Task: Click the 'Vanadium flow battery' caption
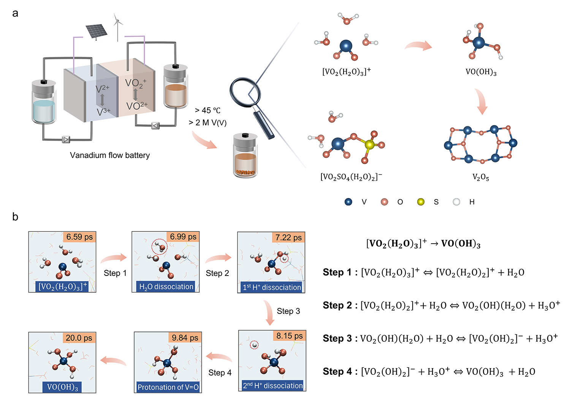coord(110,155)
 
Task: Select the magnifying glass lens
coord(245,93)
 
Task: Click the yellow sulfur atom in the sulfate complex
coord(369,144)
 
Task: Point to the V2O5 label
coord(481,177)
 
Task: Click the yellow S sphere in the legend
coord(420,202)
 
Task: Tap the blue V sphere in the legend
coord(348,202)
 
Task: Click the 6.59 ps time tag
coord(79,237)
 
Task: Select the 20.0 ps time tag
coord(79,338)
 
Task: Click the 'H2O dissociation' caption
coord(166,287)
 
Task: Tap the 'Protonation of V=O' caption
coord(168,387)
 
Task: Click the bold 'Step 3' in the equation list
coord(337,338)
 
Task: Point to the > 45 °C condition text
coord(207,110)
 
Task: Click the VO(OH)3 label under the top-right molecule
coord(481,72)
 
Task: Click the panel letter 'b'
coord(15,217)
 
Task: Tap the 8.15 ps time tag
coord(290,336)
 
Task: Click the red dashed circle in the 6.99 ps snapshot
coord(160,247)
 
